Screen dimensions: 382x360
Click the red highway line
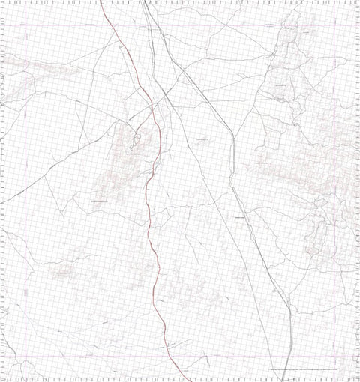point(149,225)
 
